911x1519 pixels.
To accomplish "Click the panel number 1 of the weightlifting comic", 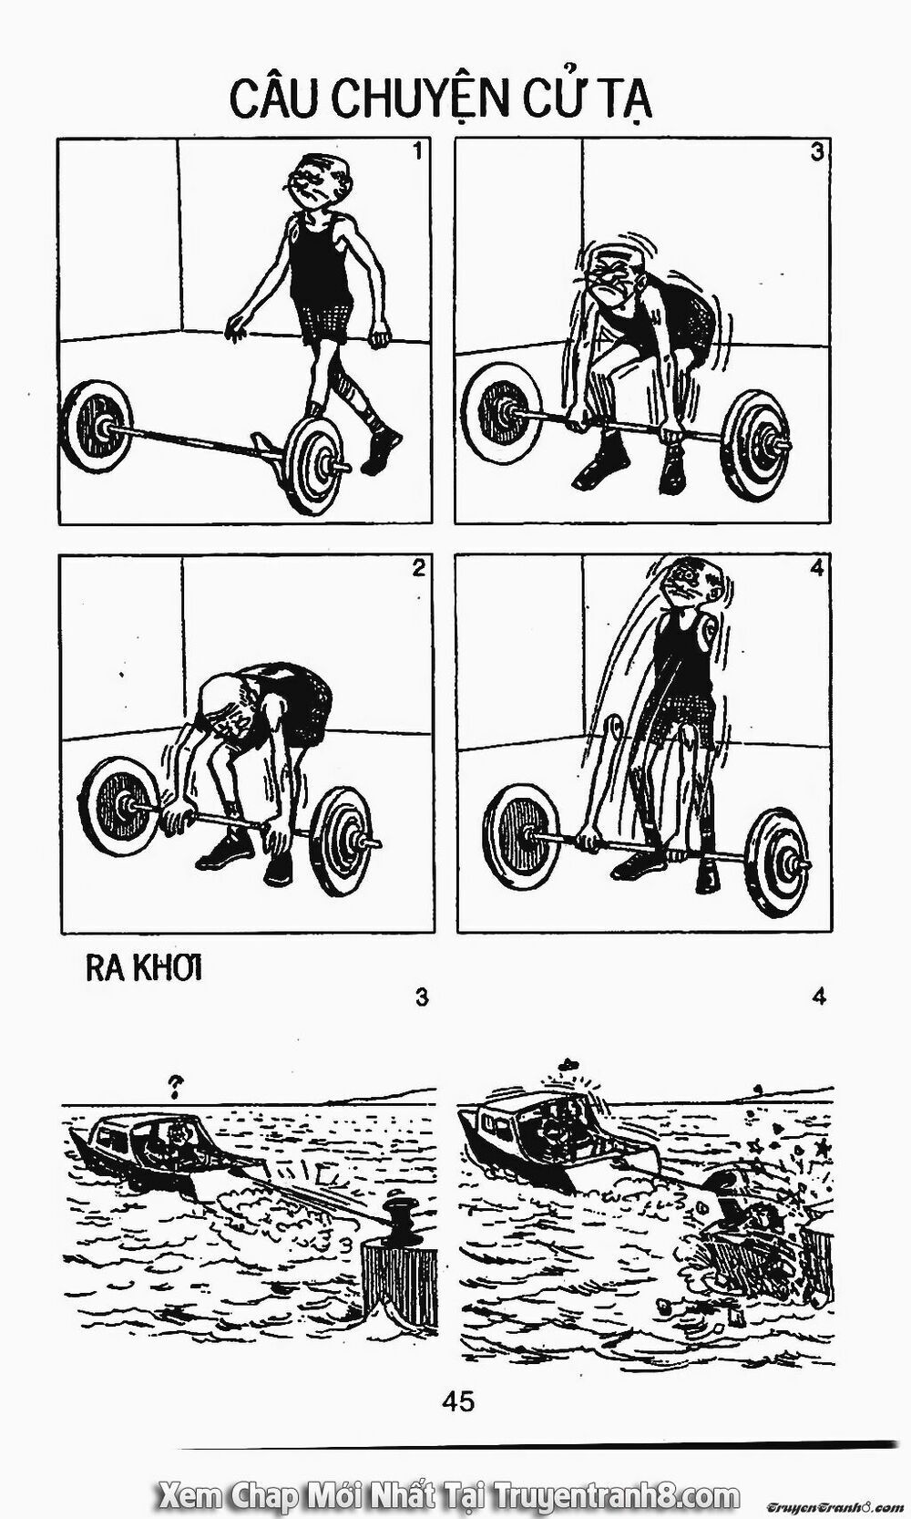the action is [x=417, y=152].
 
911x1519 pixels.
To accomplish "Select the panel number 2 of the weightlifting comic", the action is [x=418, y=568].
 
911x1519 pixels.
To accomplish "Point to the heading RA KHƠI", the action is [x=144, y=969].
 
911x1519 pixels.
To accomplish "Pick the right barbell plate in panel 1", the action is [x=312, y=464].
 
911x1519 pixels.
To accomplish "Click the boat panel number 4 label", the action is [x=819, y=997].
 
